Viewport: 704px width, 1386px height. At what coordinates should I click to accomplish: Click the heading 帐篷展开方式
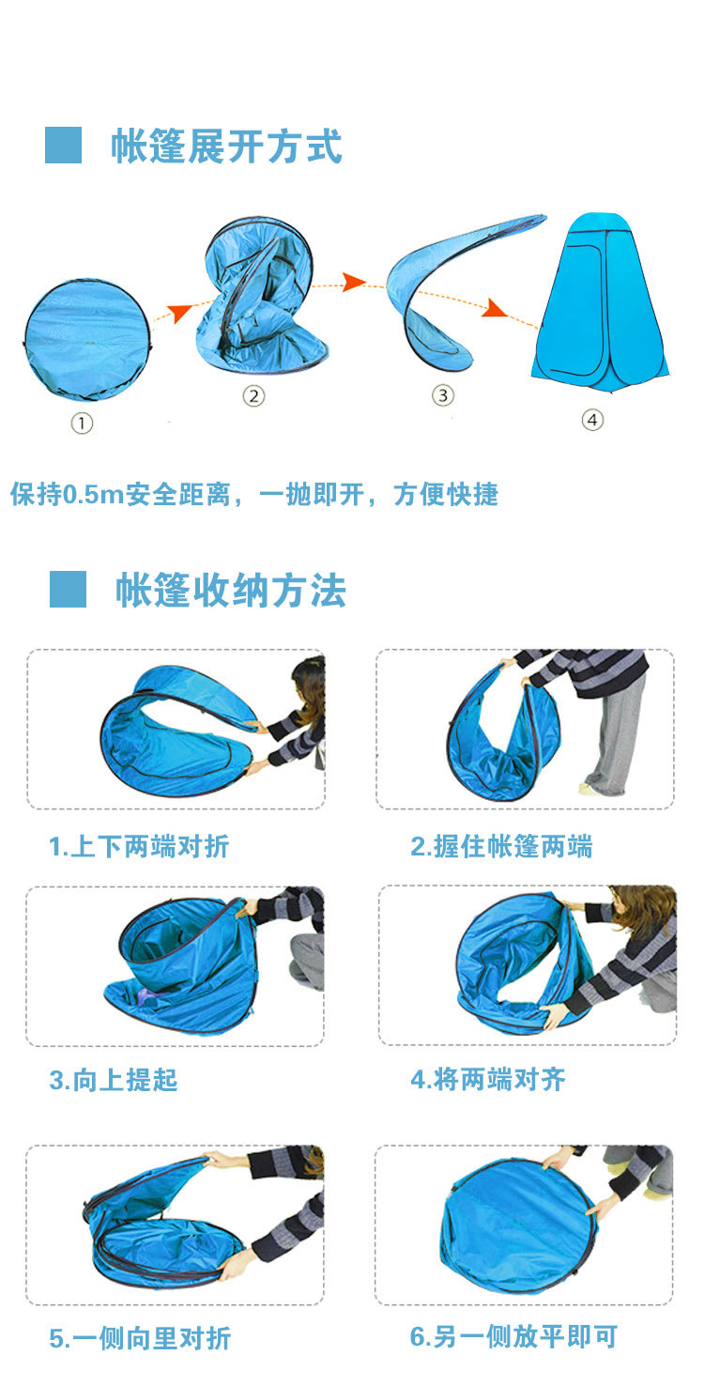tap(226, 147)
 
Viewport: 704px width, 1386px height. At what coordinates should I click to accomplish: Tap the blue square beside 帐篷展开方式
tap(64, 146)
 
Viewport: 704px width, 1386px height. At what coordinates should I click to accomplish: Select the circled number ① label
tap(83, 423)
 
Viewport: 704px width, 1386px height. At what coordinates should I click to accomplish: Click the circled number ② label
tap(253, 396)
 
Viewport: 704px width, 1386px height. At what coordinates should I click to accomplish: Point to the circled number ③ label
tap(443, 395)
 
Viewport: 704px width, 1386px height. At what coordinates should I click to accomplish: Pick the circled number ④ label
tap(591, 420)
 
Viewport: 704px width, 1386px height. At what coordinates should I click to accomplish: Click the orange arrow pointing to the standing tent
tap(494, 308)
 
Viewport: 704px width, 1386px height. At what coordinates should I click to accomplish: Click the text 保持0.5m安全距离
tap(120, 494)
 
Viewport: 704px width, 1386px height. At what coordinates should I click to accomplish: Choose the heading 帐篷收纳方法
tap(231, 591)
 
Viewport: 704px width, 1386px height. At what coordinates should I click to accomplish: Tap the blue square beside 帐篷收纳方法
tap(68, 589)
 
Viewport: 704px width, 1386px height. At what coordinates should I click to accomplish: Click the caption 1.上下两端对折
tap(139, 847)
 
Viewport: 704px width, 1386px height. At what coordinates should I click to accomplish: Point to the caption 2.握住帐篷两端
tap(501, 847)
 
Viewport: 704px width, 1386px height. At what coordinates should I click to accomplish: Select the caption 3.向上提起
tap(114, 1081)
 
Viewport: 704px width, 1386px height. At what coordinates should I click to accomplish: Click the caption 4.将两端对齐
tap(488, 1080)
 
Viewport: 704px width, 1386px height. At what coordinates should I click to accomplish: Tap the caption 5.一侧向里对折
tap(140, 1338)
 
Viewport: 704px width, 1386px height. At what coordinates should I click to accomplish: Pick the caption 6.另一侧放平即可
tap(513, 1337)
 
